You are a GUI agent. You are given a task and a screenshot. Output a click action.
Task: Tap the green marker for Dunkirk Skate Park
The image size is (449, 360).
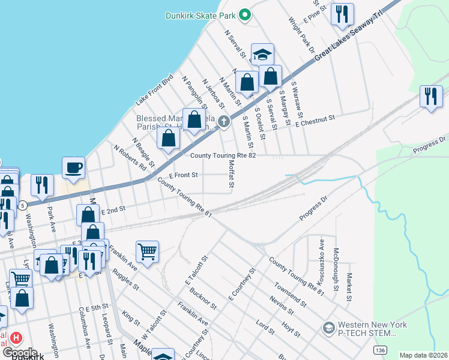[x=244, y=15]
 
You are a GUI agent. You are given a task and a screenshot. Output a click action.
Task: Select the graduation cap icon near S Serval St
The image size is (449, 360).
[x=262, y=55]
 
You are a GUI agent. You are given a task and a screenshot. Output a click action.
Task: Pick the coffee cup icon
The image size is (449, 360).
[x=73, y=168]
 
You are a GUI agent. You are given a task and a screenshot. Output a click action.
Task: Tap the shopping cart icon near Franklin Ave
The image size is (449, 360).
[x=147, y=252]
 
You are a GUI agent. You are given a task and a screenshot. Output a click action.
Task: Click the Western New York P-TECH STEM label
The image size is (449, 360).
[x=373, y=329]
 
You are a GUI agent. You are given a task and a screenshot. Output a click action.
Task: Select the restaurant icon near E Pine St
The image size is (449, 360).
[x=342, y=14]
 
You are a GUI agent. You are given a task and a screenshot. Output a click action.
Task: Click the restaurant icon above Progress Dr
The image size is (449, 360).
[x=431, y=96]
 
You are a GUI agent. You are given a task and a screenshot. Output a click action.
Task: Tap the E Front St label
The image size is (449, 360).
[x=183, y=175]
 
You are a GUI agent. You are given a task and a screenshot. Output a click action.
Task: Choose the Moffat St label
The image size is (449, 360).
[x=230, y=173]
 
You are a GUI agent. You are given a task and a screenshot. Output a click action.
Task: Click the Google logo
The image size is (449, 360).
[x=20, y=353]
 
